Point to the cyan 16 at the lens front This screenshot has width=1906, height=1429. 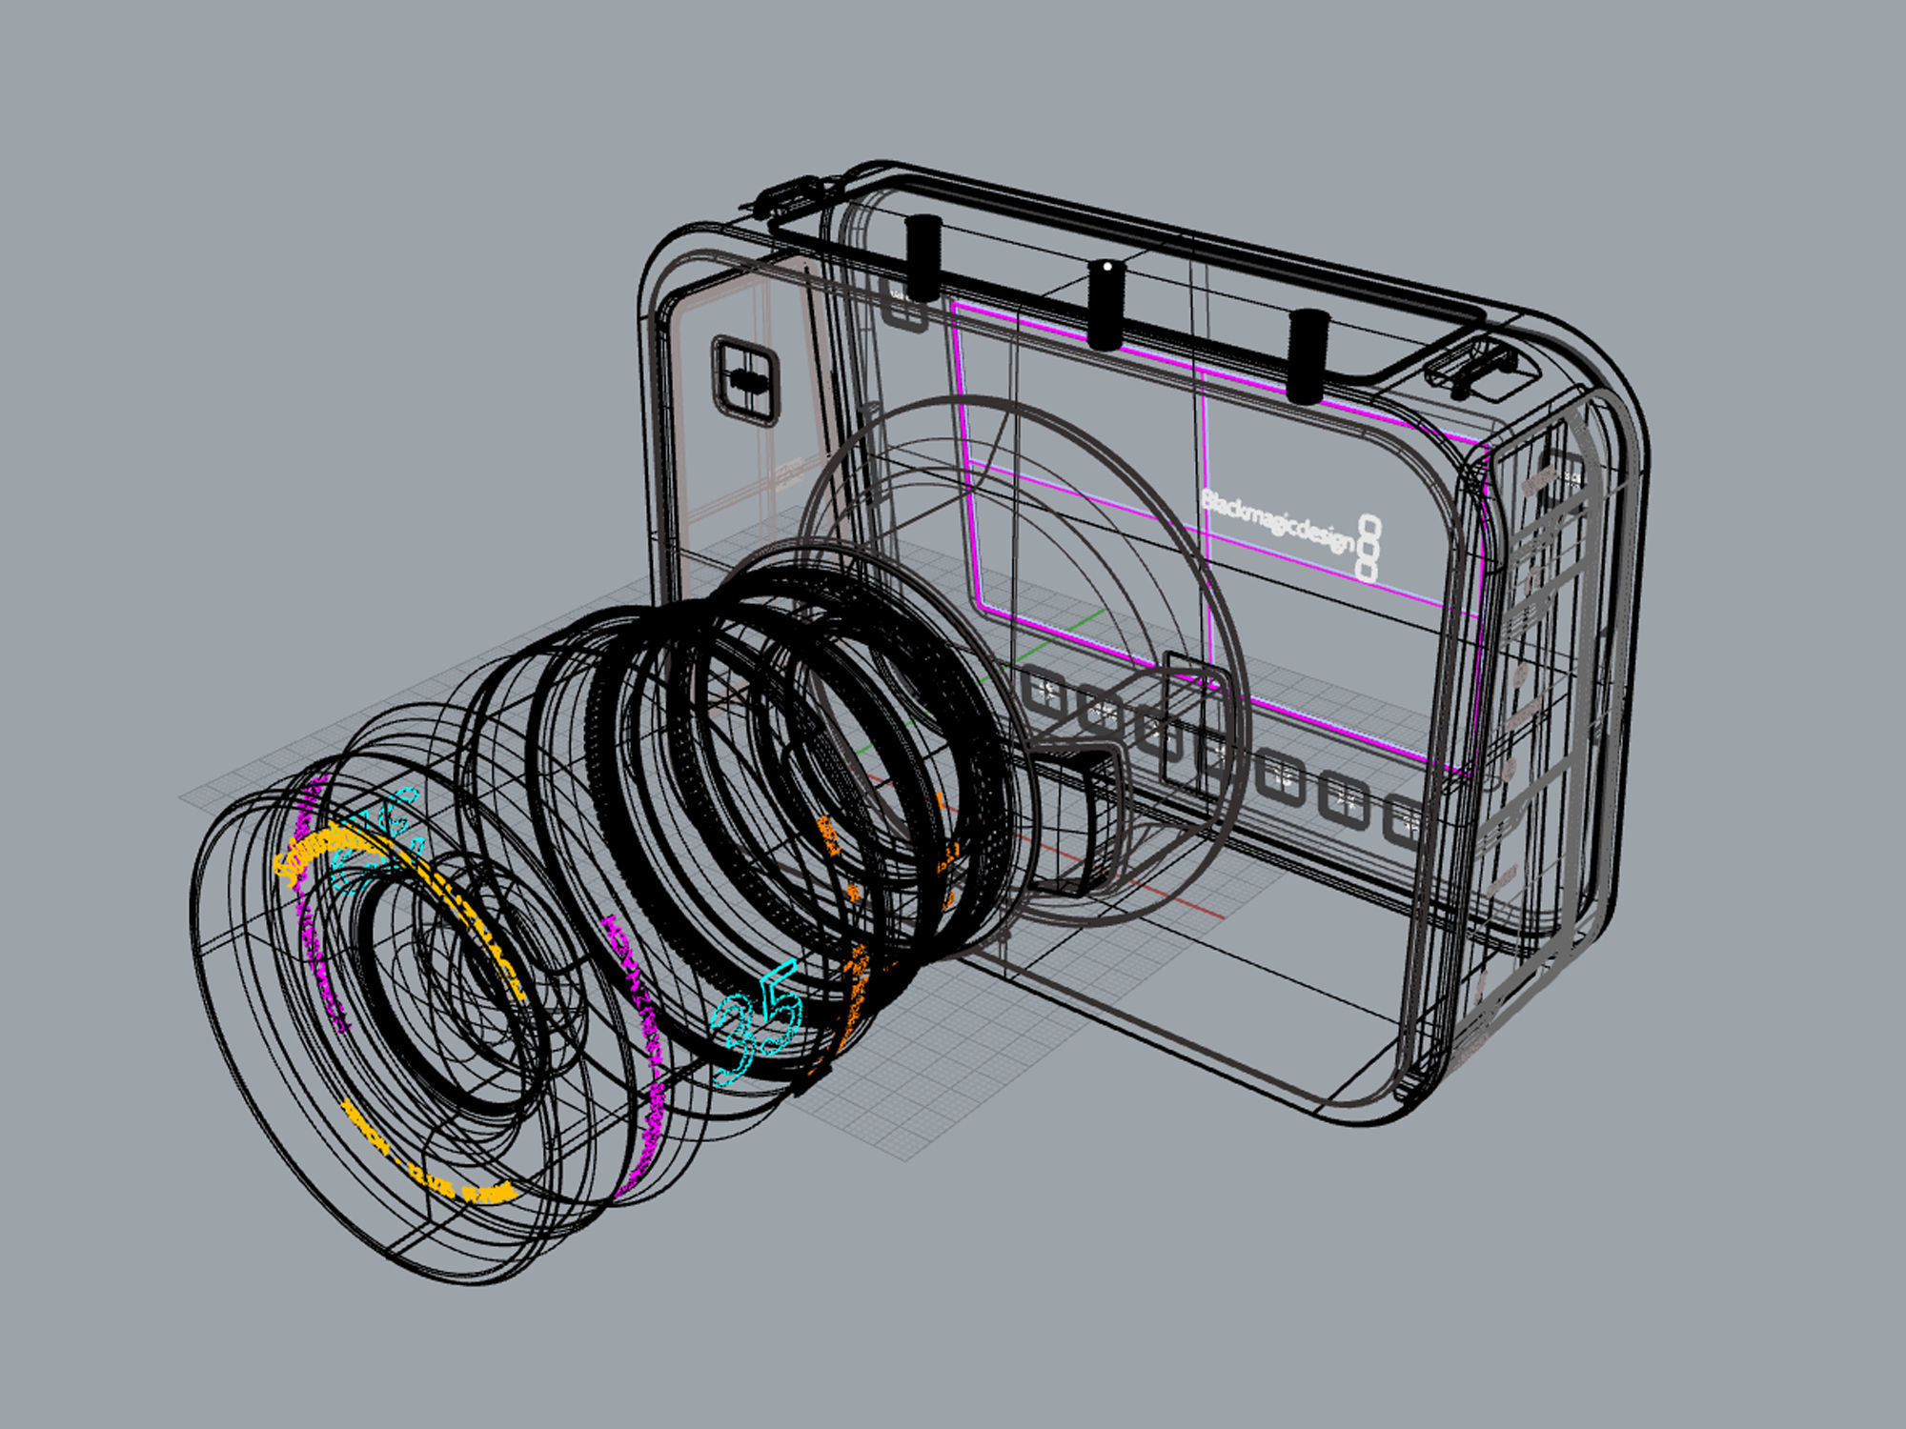[x=376, y=838]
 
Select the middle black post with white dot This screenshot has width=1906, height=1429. [x=1105, y=303]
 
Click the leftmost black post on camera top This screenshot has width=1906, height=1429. [x=923, y=257]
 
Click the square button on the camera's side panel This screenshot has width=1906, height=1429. [x=744, y=379]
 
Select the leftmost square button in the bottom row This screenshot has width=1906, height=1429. [x=1044, y=693]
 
